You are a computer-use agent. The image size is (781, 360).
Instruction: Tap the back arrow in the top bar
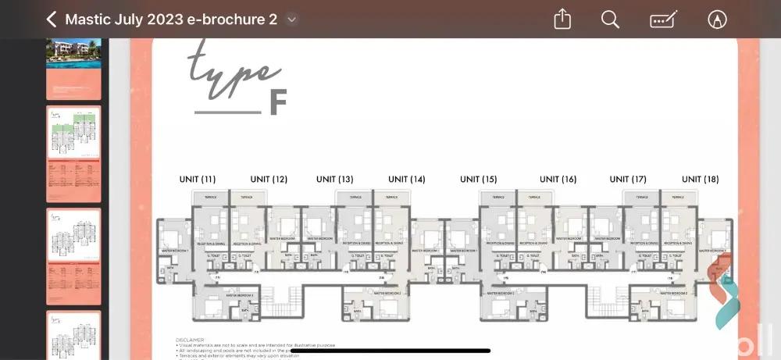pyautogui.click(x=52, y=20)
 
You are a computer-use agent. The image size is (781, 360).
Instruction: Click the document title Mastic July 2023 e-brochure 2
pyautogui.click(x=171, y=20)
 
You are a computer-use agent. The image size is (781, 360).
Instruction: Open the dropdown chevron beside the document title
pyautogui.click(x=291, y=20)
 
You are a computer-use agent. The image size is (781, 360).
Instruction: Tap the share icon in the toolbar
pyautogui.click(x=562, y=20)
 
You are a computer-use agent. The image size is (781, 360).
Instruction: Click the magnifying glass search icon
pyautogui.click(x=610, y=20)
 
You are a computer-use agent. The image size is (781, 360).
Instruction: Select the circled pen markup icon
pyautogui.click(x=716, y=20)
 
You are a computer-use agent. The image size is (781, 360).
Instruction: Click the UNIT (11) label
pyautogui.click(x=198, y=180)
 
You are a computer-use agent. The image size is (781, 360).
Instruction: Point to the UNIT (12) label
pyautogui.click(x=269, y=180)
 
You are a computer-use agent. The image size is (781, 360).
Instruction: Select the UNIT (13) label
pyautogui.click(x=335, y=180)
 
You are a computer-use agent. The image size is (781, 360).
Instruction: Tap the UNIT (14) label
pyautogui.click(x=406, y=180)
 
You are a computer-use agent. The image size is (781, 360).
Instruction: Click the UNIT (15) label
pyautogui.click(x=479, y=180)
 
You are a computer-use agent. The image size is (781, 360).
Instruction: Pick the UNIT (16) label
pyautogui.click(x=558, y=180)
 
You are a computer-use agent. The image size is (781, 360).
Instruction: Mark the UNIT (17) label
pyautogui.click(x=628, y=180)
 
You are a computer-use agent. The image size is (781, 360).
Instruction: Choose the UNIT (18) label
pyautogui.click(x=700, y=180)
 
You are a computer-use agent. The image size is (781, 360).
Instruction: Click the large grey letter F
pyautogui.click(x=278, y=102)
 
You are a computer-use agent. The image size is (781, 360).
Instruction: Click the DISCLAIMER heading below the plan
pyautogui.click(x=190, y=340)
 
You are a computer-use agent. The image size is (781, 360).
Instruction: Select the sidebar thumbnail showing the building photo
pyautogui.click(x=73, y=67)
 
